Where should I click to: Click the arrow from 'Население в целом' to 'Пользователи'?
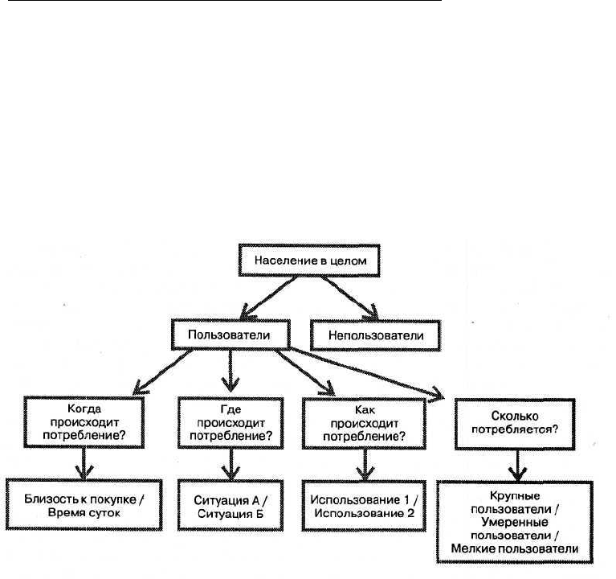269,298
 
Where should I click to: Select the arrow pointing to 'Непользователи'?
349,298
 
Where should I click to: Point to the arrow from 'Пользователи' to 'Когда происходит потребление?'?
163,372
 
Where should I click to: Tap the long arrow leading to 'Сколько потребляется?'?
367,374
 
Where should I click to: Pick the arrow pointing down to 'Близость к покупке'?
84,464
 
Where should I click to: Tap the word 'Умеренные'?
515,522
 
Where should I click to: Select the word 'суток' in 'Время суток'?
104,512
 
